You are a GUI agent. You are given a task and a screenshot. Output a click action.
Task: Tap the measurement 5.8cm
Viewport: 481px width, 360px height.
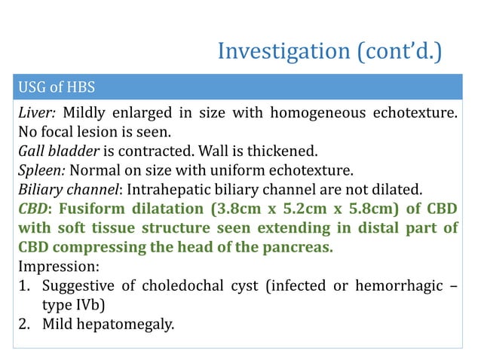coord(365,209)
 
